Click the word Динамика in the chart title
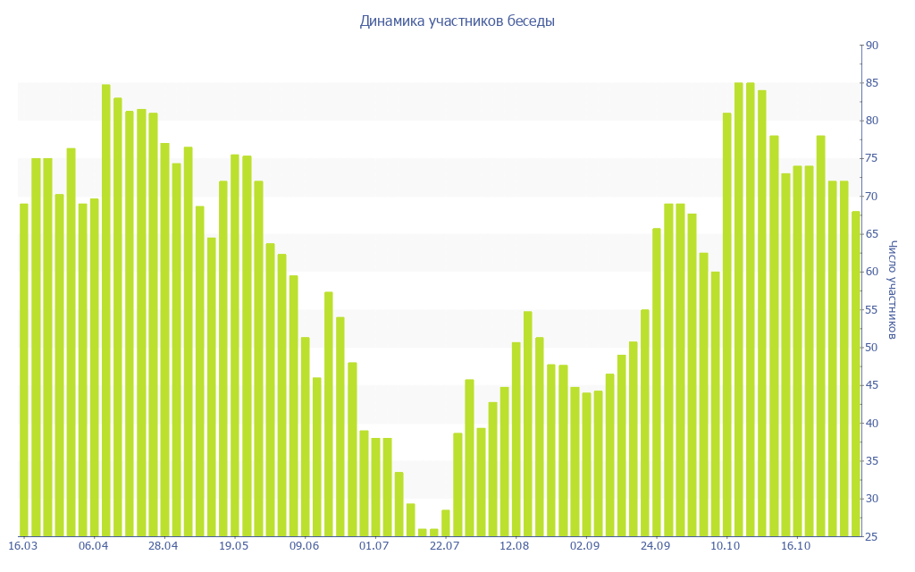390,21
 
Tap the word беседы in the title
531,21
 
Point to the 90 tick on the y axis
871,46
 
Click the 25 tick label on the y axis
871,536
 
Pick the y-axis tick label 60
871,272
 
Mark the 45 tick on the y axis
871,385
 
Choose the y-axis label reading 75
871,158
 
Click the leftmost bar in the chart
24,370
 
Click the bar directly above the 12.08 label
516,439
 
